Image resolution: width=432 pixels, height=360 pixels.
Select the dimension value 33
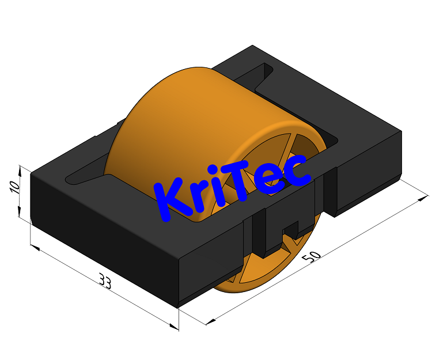(x=105, y=281)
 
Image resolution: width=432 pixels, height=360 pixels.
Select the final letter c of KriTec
(x=298, y=171)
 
